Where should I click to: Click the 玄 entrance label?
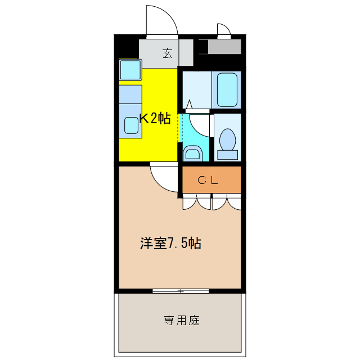167,53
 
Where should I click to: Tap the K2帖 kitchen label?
155,118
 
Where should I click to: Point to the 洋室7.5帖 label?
170,244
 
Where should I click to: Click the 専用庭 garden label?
182,321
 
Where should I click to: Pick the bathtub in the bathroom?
227,89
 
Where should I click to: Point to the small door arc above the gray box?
224,29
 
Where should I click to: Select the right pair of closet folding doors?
227,202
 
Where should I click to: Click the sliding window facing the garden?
181,291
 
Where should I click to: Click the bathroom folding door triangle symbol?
190,104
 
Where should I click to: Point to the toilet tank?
228,154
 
